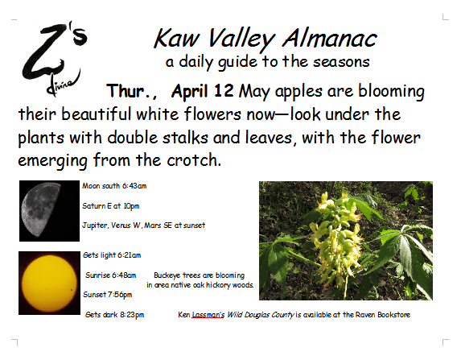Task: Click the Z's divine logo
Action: [x=55, y=59]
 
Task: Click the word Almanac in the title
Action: [x=330, y=39]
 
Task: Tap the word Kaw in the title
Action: [x=177, y=39]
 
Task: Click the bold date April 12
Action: [x=203, y=91]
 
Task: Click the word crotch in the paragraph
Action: [x=194, y=160]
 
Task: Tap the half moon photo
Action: [x=49, y=211]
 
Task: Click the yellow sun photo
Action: [x=49, y=283]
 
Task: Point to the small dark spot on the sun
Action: [x=72, y=290]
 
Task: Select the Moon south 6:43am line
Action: [x=114, y=186]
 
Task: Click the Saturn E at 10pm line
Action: [x=110, y=206]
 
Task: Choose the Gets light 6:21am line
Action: [x=112, y=255]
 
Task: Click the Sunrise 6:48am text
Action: [x=111, y=275]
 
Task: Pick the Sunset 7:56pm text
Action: [x=108, y=295]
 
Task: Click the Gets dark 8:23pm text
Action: [x=115, y=315]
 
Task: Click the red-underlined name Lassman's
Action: [x=208, y=315]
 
